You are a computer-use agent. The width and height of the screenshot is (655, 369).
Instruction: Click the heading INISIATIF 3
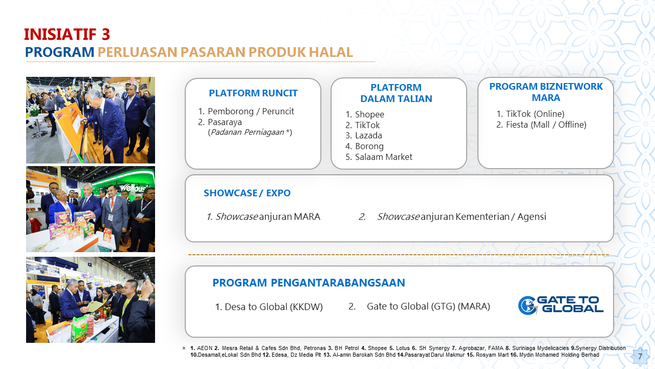point(67,34)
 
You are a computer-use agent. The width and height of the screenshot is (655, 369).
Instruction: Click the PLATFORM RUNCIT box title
point(253,93)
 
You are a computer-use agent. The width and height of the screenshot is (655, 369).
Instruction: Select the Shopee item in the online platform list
point(369,114)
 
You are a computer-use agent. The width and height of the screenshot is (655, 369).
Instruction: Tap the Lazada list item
point(368,135)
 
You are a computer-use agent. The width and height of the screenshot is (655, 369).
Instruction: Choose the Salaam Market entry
point(383,157)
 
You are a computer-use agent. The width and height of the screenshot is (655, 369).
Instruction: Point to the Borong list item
point(369,146)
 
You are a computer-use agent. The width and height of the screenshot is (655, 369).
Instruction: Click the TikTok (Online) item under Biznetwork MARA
point(535,114)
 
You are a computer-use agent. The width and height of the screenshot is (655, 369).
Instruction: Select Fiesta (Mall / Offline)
point(545,125)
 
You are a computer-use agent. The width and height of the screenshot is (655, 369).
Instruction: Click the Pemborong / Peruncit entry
point(251,111)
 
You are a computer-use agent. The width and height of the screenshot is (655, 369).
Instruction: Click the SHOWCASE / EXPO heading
point(247,193)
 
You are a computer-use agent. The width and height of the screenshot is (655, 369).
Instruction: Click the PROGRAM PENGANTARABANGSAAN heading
point(309,283)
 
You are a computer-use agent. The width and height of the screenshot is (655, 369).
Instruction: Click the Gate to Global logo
point(561,304)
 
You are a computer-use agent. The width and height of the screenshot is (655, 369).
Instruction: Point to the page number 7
point(639,356)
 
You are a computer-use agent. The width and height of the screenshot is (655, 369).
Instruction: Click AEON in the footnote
point(205,348)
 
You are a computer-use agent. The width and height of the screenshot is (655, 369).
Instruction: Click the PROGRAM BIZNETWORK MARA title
point(545,92)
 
